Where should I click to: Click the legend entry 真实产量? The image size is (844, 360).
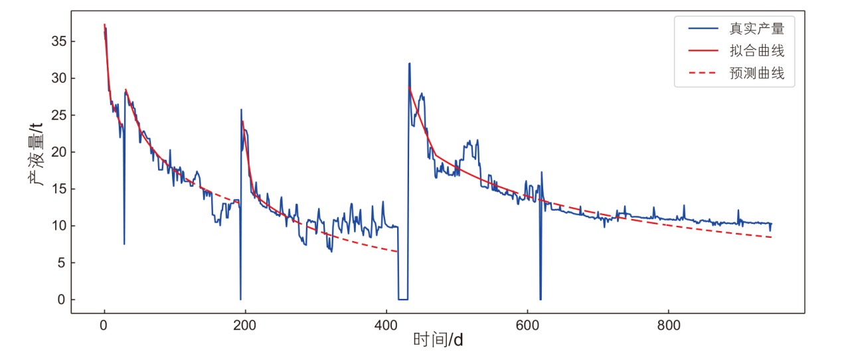[x=757, y=29]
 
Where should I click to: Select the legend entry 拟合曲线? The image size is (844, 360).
[x=757, y=51]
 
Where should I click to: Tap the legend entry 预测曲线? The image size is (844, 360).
[x=757, y=74]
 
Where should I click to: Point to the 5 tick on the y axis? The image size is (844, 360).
[x=61, y=263]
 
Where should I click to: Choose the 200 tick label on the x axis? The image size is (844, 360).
[x=245, y=326]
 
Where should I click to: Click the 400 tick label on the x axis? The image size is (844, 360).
[x=386, y=326]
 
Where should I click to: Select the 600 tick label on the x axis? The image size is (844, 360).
[x=527, y=326]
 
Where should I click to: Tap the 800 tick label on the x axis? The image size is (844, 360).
[x=667, y=326]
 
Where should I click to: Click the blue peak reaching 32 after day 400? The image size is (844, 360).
[x=409, y=64]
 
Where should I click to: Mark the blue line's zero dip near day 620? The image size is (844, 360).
[x=541, y=299]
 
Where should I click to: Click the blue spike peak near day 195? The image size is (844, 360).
[x=241, y=110]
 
